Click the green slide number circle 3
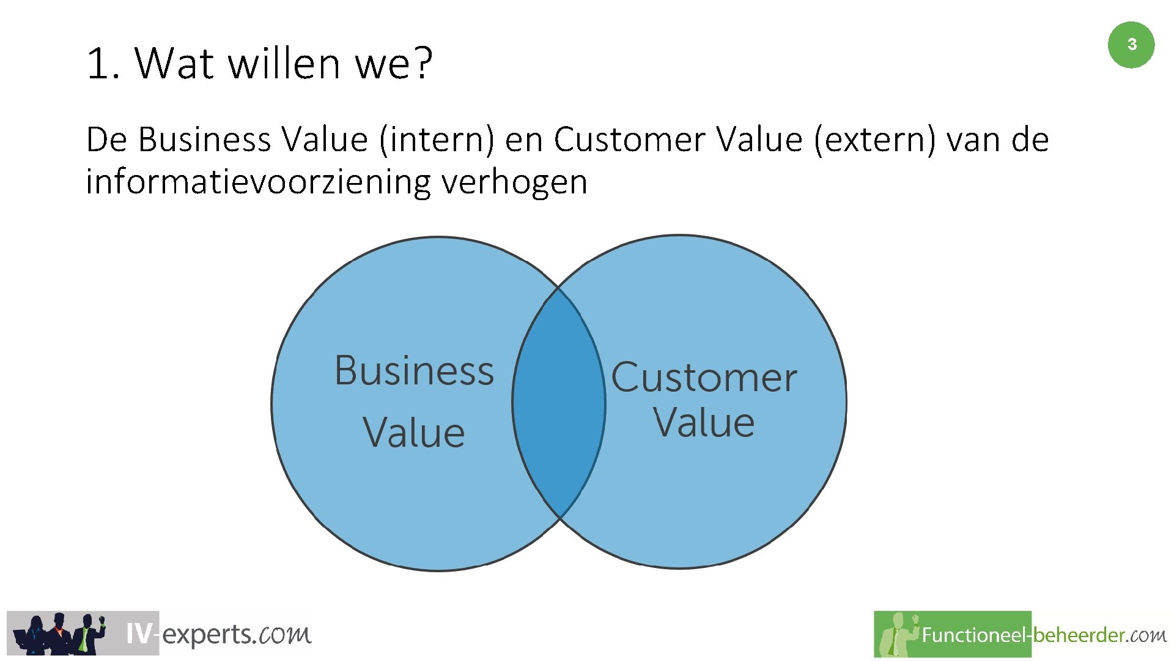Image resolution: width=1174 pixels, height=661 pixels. [1131, 45]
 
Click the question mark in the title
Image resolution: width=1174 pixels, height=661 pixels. [421, 63]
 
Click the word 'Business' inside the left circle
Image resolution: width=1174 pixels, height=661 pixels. [414, 371]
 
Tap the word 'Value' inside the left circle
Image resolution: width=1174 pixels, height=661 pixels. [414, 433]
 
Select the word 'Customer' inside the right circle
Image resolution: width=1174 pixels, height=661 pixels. [704, 377]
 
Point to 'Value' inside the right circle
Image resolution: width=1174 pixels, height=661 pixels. [704, 422]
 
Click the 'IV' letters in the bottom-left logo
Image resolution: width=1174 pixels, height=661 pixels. [138, 634]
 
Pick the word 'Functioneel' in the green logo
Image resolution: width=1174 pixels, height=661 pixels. [972, 635]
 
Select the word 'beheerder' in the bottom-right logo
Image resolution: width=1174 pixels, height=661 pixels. [1078, 635]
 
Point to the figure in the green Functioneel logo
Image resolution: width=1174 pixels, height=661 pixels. [898, 635]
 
